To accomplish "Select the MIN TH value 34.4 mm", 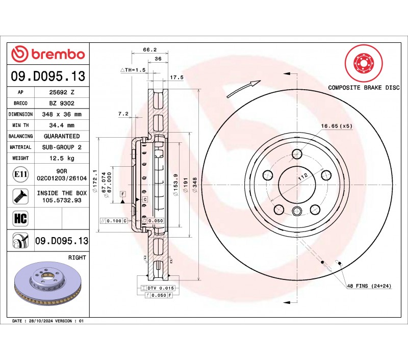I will pyautogui.click(x=61, y=125).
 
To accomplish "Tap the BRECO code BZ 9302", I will pyautogui.click(x=61, y=103).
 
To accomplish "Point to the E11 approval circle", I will pyautogui.click(x=20, y=175).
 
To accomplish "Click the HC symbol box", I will pyautogui.click(x=20, y=218).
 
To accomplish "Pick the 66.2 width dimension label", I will pyautogui.click(x=149, y=50).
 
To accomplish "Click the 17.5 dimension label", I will pyautogui.click(x=176, y=77).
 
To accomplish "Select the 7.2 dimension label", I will pyautogui.click(x=122, y=114).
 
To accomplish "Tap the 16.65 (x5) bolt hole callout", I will pyautogui.click(x=337, y=125).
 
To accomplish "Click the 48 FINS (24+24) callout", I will pyautogui.click(x=369, y=287).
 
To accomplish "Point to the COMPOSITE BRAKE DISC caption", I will pyautogui.click(x=363, y=88).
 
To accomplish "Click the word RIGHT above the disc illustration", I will pyautogui.click(x=77, y=258).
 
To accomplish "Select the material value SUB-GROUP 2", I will pyautogui.click(x=61, y=147).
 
